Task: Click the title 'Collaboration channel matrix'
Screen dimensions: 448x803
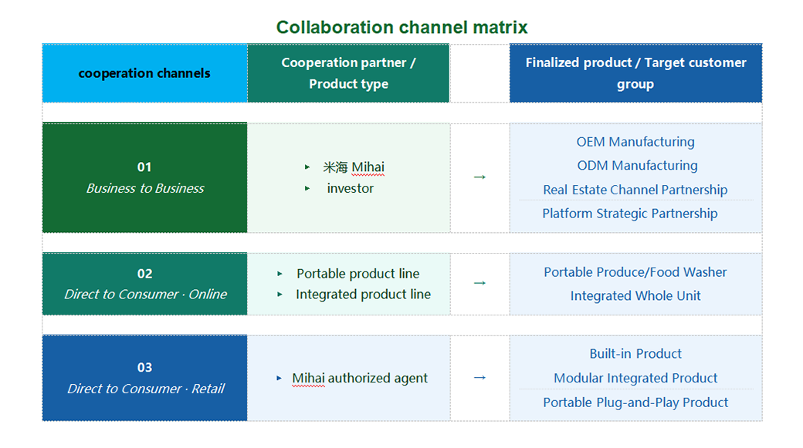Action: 401,27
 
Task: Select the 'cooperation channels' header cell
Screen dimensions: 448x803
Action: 144,73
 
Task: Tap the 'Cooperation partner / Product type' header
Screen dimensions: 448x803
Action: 348,73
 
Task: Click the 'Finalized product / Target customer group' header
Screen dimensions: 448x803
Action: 635,73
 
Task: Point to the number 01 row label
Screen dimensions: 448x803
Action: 144,167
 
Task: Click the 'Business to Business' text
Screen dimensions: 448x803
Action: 145,188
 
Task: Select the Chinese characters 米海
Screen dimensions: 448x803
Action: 335,167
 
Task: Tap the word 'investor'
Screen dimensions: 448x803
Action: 350,188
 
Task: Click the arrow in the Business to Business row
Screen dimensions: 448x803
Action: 479,177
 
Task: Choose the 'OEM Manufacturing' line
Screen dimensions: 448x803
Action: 635,142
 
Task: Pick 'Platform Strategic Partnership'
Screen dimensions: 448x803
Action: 630,214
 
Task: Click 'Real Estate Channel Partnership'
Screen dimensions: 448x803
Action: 635,190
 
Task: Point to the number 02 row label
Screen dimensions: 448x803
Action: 144,274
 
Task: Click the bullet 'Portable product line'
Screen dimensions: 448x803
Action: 357,274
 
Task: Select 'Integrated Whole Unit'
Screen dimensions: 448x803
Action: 635,296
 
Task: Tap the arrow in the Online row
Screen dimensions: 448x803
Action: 479,283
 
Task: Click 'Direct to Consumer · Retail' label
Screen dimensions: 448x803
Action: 145,389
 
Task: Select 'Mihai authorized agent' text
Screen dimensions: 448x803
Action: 360,378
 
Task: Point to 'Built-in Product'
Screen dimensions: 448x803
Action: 635,354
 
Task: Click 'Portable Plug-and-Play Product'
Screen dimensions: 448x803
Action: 635,403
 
